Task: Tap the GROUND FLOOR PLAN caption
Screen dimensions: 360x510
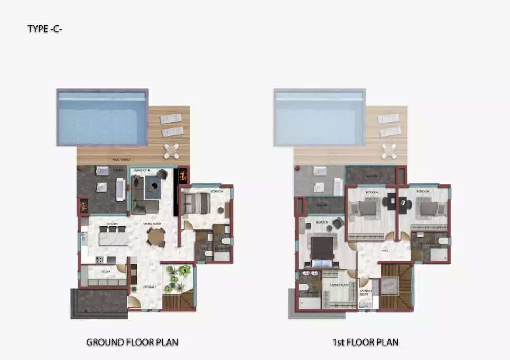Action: [x=132, y=342]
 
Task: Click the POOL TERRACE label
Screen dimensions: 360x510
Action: [x=121, y=159]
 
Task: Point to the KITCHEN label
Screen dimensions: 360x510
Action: [x=112, y=224]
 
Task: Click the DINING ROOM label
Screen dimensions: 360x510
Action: [x=152, y=224]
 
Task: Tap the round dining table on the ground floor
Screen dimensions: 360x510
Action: [x=155, y=236]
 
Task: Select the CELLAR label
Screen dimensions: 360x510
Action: [x=106, y=272]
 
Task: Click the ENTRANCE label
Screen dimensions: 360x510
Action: [x=150, y=287]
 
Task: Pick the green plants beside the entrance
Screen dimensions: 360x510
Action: [x=178, y=277]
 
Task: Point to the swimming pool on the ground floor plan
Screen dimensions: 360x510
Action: [x=101, y=117]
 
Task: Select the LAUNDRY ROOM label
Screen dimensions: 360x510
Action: [x=366, y=292]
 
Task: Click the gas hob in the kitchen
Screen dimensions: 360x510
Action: [x=98, y=260]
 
